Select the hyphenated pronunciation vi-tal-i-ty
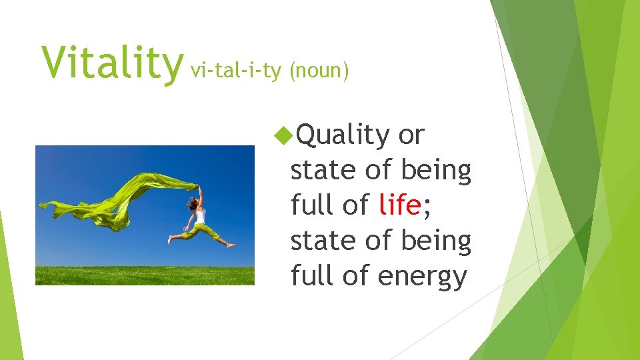click(x=236, y=70)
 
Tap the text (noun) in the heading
click(x=319, y=71)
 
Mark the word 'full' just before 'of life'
click(x=313, y=205)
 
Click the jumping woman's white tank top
click(x=200, y=217)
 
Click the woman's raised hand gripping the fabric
click(x=198, y=187)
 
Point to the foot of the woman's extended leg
click(x=231, y=245)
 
